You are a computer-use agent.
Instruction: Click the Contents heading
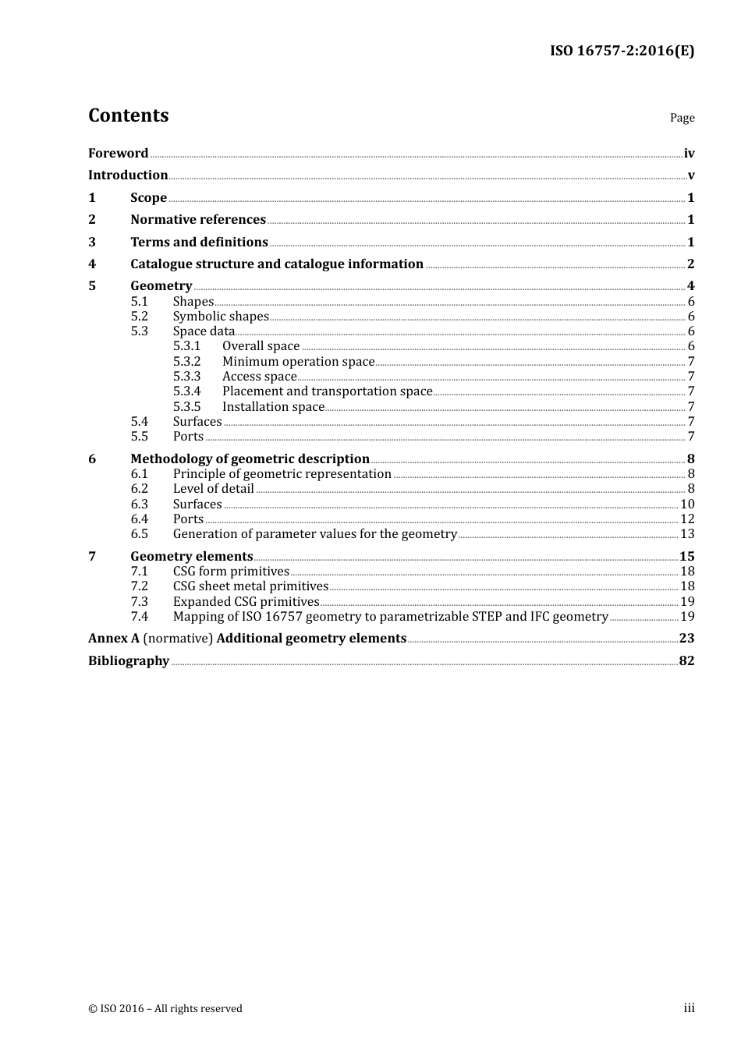point(128,115)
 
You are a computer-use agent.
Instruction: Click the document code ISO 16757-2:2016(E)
point(622,51)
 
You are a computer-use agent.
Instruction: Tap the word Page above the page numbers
point(682,118)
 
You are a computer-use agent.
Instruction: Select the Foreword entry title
point(118,154)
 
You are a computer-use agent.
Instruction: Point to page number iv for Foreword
point(689,154)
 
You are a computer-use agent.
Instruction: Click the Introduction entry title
point(128,175)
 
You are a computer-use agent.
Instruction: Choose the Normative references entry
point(198,220)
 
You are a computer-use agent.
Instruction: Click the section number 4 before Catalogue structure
point(92,264)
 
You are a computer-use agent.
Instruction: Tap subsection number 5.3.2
point(186,362)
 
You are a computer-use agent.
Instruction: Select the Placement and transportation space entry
point(327,391)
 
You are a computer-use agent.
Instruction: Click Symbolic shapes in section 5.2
point(221,317)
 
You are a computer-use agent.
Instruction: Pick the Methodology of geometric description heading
point(250,459)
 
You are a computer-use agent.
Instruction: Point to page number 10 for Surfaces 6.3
point(687,505)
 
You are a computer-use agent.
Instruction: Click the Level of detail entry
point(213,489)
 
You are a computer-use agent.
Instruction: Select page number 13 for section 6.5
point(687,534)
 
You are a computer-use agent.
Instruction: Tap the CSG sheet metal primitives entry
point(250,586)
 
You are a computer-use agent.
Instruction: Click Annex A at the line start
point(114,639)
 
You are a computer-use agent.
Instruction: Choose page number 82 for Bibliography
point(686,661)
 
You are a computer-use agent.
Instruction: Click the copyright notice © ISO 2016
point(165,1009)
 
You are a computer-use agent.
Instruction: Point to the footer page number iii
point(689,1008)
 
